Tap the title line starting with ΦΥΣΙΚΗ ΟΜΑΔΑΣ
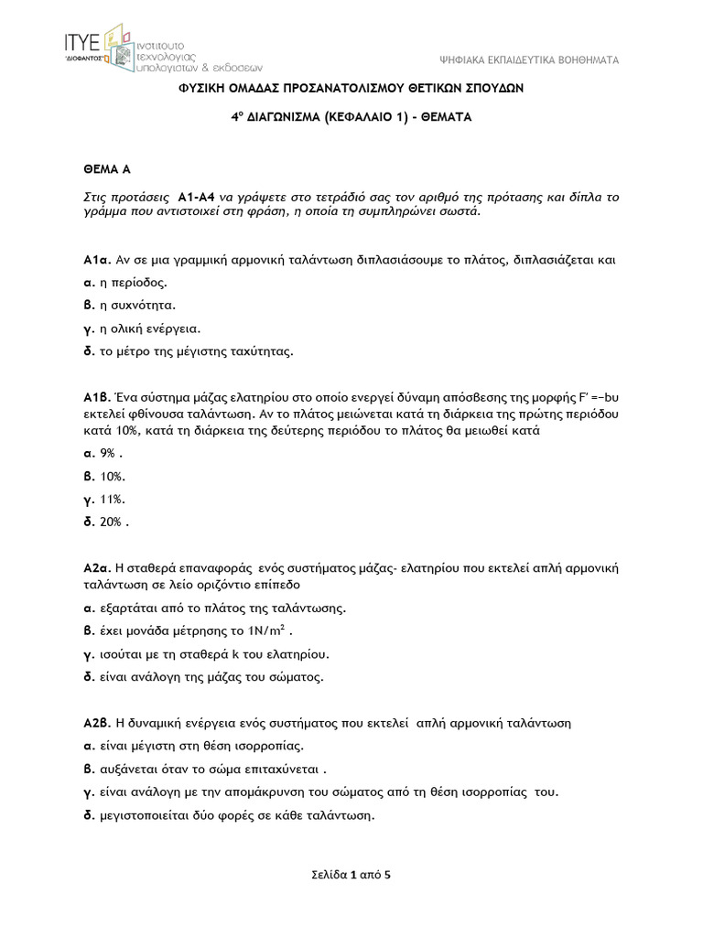coord(351,89)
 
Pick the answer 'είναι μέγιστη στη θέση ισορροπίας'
coord(200,746)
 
